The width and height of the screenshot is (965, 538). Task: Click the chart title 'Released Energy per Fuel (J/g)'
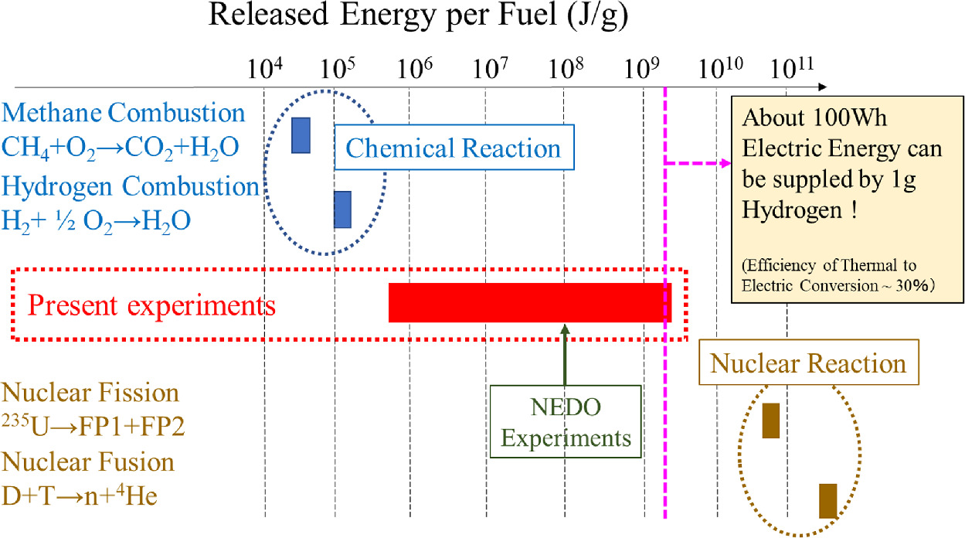[418, 17]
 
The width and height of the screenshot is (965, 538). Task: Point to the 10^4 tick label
[264, 69]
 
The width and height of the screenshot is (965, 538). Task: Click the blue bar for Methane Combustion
[301, 135]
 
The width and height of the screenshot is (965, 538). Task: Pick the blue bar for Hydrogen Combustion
[342, 209]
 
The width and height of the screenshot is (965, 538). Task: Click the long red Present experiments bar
[529, 302]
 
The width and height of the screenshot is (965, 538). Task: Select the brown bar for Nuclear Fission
[770, 421]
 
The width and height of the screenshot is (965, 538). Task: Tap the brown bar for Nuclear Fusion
[827, 500]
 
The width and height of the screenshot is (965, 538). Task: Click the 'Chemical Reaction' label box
[454, 148]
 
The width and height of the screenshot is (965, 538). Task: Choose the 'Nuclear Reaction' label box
[807, 363]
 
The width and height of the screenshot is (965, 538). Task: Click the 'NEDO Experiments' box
[566, 421]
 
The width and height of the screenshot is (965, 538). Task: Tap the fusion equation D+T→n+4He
[80, 495]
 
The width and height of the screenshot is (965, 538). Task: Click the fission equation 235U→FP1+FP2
[93, 427]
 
